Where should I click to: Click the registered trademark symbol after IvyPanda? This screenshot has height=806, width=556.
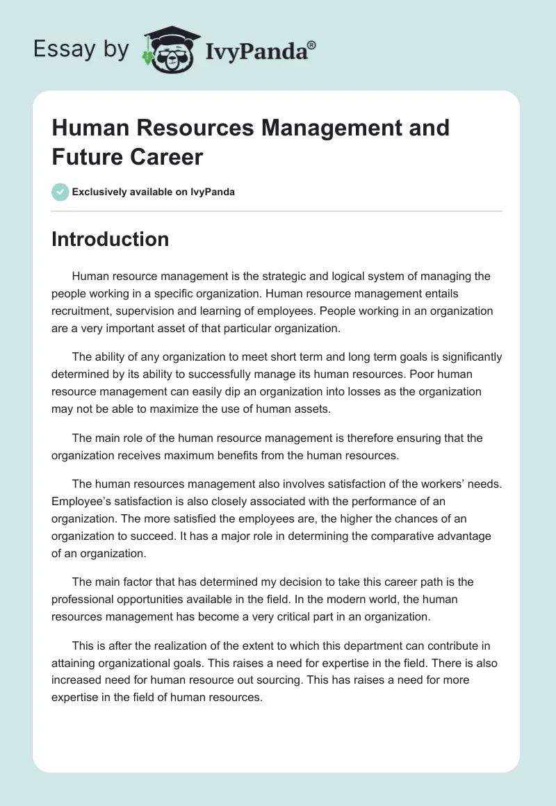[311, 45]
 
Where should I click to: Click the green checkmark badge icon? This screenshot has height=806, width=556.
[60, 192]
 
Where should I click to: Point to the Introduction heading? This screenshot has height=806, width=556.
[111, 239]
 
